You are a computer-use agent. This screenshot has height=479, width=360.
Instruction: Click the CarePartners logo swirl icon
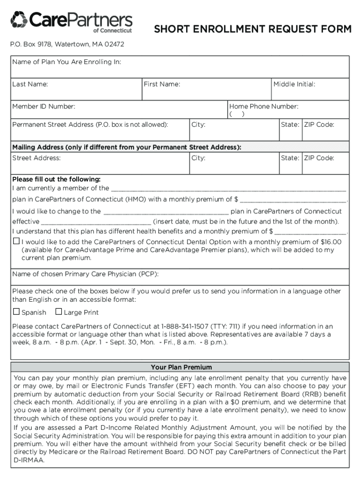[x=19, y=20]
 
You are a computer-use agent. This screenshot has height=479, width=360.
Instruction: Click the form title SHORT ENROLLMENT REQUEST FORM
[x=252, y=30]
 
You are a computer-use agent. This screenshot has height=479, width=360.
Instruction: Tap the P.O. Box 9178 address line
[x=68, y=44]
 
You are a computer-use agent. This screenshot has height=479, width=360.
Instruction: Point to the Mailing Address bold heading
[x=127, y=147]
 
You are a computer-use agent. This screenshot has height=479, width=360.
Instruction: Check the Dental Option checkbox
[x=16, y=241]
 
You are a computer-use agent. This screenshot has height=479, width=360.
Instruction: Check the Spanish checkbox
[x=16, y=312]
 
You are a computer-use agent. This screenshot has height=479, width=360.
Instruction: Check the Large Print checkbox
[x=58, y=312]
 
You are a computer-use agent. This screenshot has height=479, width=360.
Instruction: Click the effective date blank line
[x=96, y=222]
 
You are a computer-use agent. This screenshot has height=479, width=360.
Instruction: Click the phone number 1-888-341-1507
[x=185, y=326]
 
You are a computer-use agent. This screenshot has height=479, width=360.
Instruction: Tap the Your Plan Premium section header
[x=181, y=367]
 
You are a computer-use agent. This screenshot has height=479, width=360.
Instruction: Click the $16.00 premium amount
[x=331, y=242]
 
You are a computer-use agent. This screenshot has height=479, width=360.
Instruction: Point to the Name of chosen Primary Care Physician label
[x=88, y=274]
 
